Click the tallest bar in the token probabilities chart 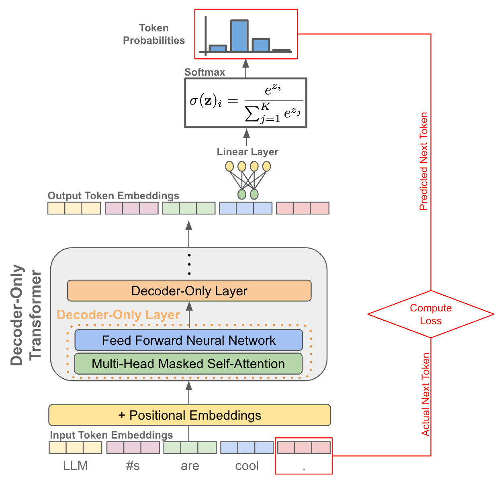(x=239, y=36)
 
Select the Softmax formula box (x=245, y=103)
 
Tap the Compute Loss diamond (x=431, y=314)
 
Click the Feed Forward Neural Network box (x=188, y=340)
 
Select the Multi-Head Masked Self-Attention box (x=188, y=364)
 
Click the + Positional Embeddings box (x=189, y=415)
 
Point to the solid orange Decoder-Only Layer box (x=189, y=291)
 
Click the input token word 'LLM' (x=75, y=466)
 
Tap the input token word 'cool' (x=247, y=466)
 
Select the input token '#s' (x=133, y=466)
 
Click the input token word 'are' (x=190, y=466)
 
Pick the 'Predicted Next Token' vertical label (x=424, y=161)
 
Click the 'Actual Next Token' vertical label (x=425, y=394)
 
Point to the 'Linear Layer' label (x=247, y=152)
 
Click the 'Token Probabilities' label (x=154, y=34)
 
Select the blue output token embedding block (x=245, y=208)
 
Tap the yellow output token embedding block (x=74, y=208)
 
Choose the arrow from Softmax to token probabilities (x=245, y=68)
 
